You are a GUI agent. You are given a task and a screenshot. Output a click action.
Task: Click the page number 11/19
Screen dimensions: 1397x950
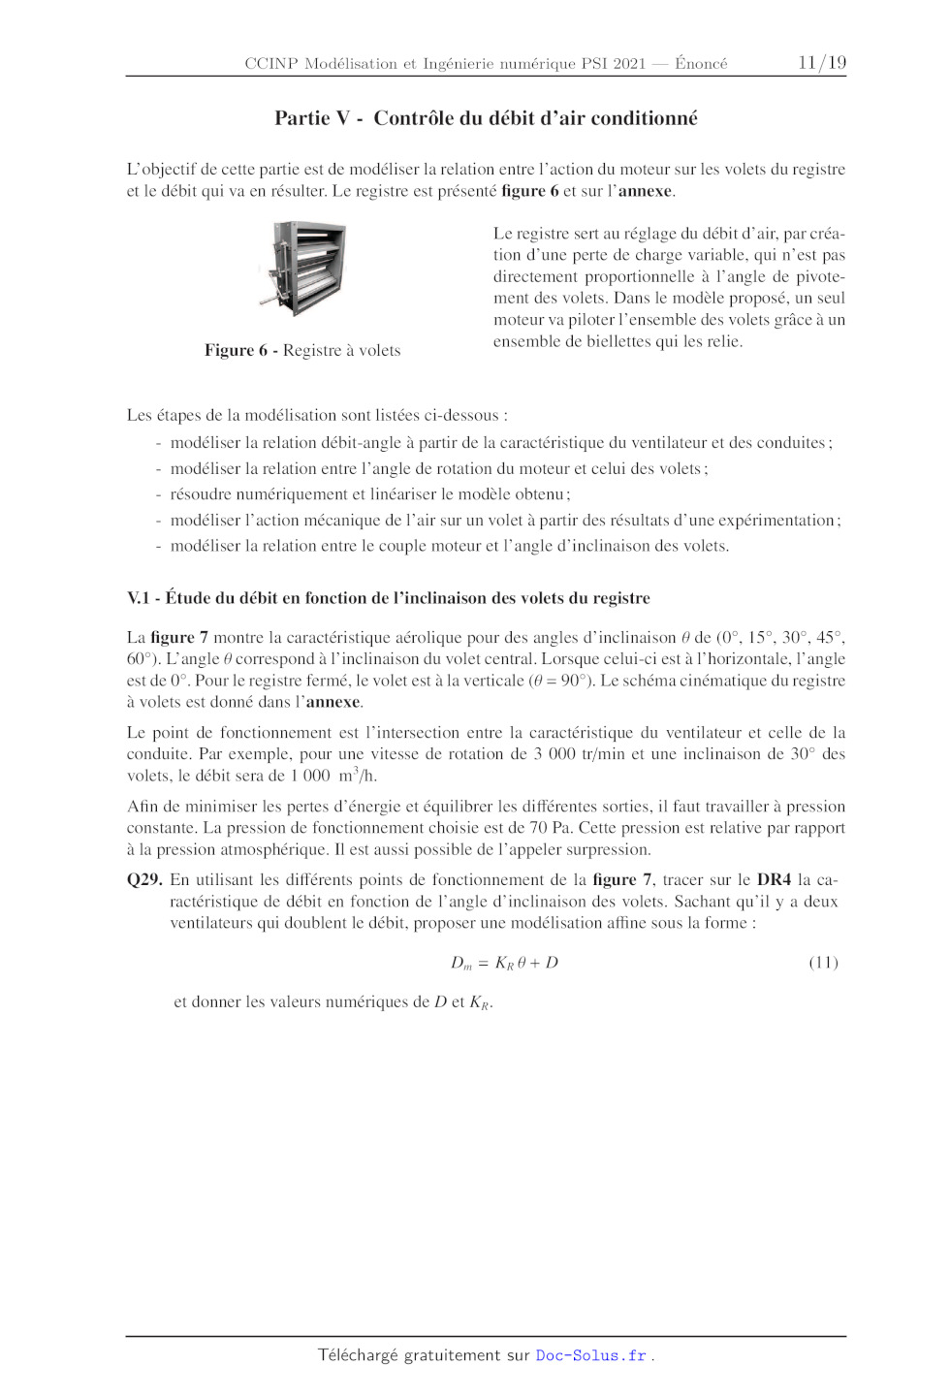coord(821,63)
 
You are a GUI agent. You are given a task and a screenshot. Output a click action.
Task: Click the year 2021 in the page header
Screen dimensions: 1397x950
coord(628,64)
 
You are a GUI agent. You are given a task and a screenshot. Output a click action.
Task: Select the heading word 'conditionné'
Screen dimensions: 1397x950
coord(644,118)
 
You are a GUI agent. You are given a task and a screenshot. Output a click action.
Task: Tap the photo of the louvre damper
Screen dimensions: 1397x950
coord(303,269)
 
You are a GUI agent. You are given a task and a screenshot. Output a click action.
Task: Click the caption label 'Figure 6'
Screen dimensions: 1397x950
coord(236,350)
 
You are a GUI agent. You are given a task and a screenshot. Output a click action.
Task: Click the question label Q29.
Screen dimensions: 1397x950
coord(144,880)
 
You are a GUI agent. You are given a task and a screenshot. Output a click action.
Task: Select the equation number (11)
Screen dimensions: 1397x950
coord(823,963)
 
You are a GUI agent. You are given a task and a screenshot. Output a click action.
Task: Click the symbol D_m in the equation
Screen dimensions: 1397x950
coord(461,963)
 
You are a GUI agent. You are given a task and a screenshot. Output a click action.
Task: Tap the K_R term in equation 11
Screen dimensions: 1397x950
coord(504,963)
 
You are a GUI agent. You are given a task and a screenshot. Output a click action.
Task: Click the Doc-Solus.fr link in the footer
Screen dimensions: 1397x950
coord(590,1355)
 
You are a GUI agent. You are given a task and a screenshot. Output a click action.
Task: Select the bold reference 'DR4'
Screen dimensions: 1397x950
coord(774,880)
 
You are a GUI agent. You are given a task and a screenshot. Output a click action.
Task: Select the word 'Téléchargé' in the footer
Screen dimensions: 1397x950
coord(358,1355)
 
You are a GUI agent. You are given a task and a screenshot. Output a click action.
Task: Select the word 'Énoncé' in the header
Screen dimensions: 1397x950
coord(701,64)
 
